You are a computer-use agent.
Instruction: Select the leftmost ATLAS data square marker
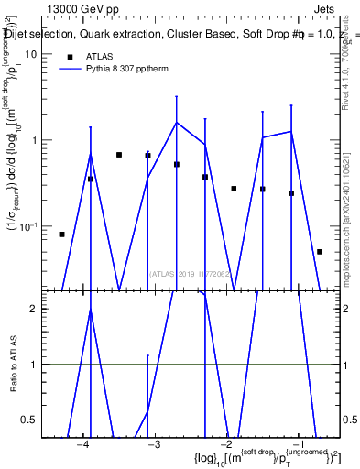[x=61, y=234]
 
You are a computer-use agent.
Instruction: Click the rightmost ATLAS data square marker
[x=320, y=251]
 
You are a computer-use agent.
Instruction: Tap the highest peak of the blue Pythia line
[x=177, y=123]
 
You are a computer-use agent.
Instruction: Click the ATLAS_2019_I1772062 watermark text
[x=191, y=273]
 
